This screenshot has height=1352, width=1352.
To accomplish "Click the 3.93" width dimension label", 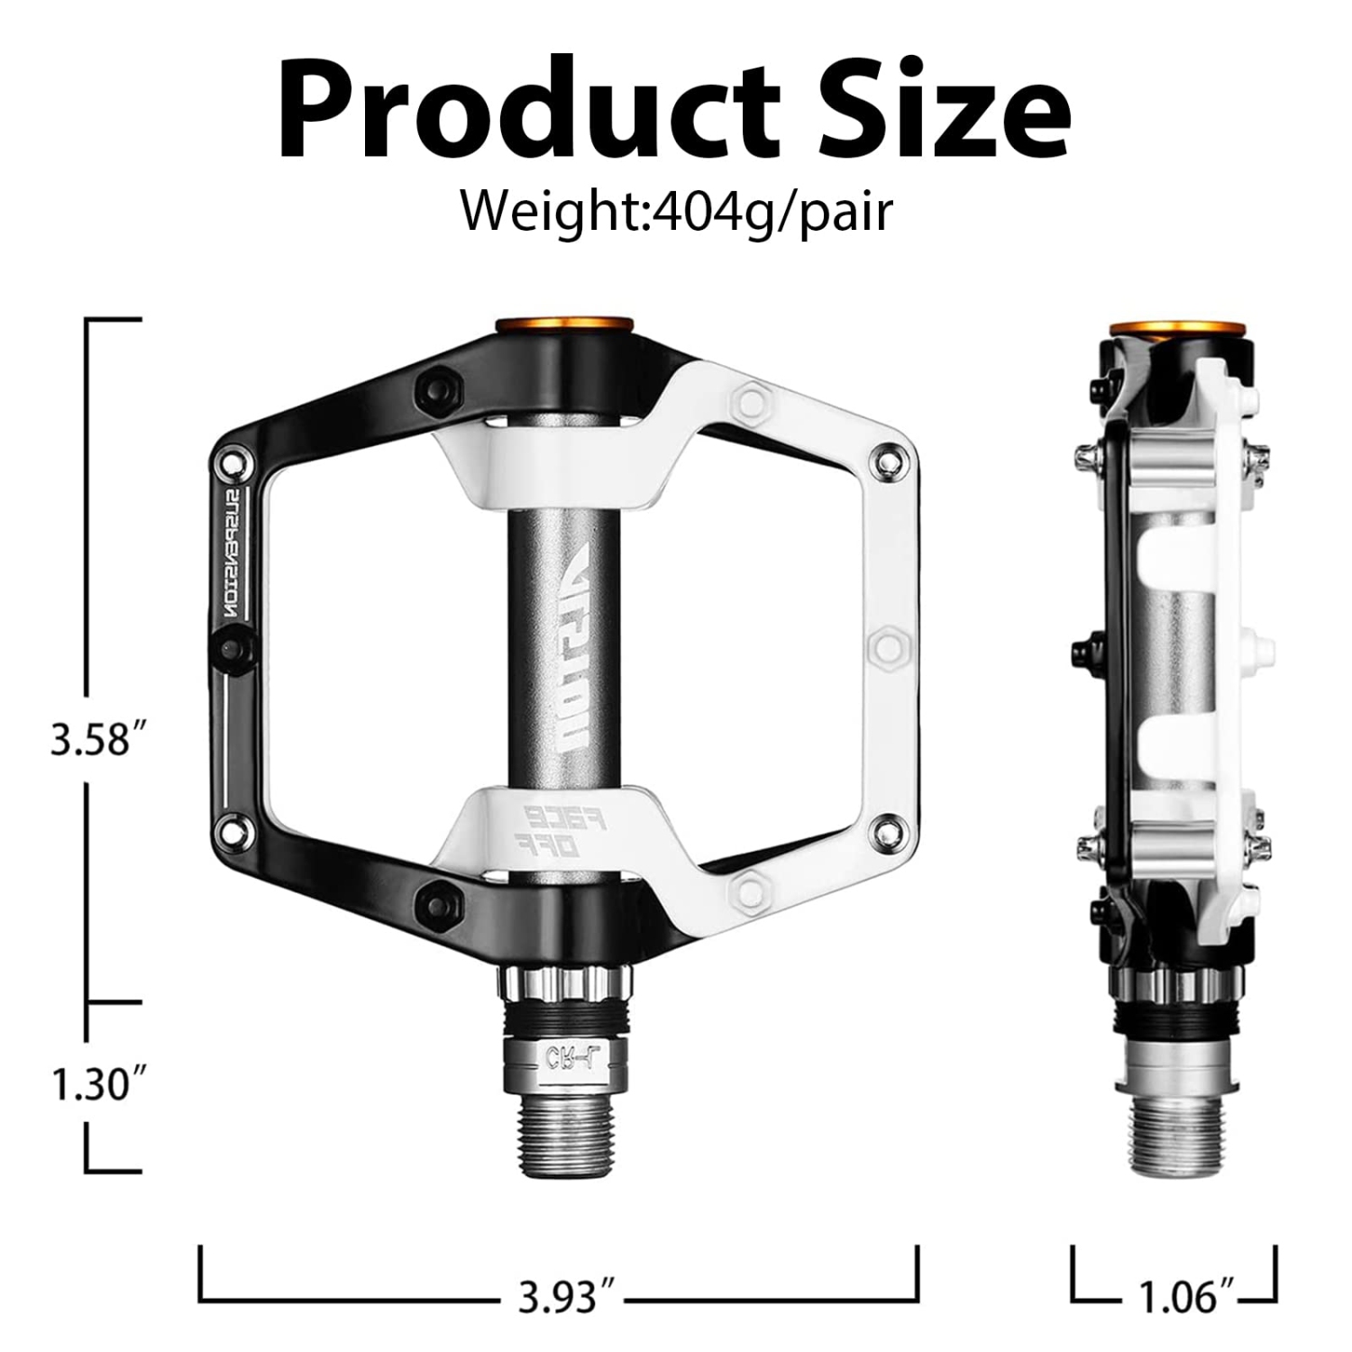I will click(x=560, y=1298).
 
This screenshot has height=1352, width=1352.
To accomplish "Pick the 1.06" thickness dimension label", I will click(x=1175, y=1299).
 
